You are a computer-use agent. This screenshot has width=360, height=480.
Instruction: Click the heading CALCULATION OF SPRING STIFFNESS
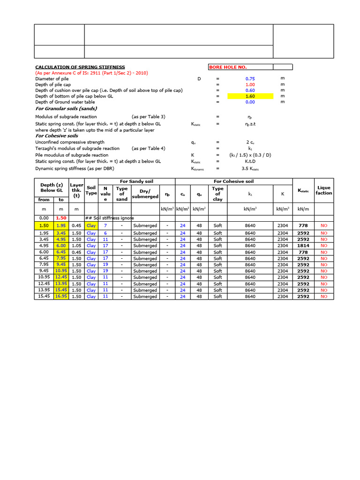80,67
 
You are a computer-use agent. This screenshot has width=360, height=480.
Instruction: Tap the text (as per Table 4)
148,148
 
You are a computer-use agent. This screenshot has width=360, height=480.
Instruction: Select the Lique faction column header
323,190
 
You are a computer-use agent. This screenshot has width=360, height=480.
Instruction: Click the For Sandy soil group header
136,181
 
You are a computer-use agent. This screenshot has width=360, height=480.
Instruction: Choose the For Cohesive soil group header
233,181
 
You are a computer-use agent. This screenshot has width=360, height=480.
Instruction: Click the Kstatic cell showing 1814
303,246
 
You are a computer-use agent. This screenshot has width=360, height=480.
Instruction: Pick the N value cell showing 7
105,225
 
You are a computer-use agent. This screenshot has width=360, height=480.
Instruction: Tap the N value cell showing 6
105,233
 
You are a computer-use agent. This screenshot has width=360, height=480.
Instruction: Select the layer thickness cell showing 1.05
76,246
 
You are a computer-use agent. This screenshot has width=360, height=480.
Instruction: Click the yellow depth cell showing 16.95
61,296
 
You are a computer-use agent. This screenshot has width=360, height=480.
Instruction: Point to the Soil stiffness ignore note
110,218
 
